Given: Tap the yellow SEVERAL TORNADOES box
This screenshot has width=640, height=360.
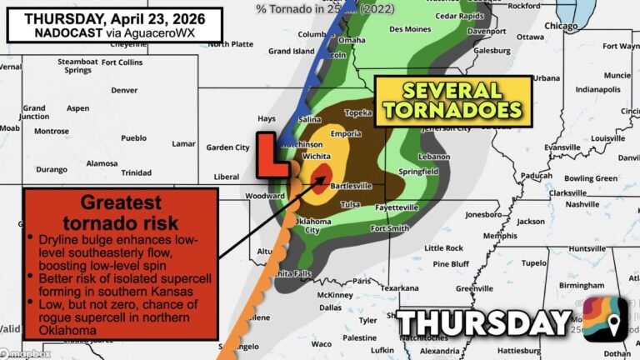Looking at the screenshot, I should (453, 100).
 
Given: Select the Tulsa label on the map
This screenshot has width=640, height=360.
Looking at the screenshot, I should (351, 204).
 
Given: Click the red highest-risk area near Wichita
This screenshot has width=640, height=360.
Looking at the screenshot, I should (320, 176).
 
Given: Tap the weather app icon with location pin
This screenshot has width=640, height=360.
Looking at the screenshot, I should (605, 319).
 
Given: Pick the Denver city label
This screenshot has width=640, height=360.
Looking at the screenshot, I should (124, 90).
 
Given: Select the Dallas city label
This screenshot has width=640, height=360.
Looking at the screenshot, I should (330, 307).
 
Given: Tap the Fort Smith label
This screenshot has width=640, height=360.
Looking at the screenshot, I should (390, 228).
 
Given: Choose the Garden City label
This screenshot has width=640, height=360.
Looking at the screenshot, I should (227, 147).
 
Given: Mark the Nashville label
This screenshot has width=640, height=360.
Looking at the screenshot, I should (582, 204).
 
